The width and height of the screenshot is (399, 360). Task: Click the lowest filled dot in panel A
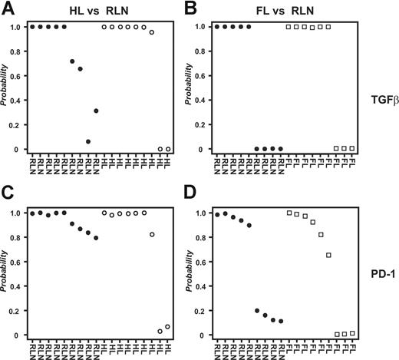(x=88, y=141)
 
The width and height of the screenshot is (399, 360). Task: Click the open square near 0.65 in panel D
(x=329, y=255)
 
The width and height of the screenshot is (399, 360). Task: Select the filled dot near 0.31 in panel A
(x=96, y=111)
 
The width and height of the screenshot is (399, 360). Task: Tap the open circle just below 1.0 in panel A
(x=152, y=32)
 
